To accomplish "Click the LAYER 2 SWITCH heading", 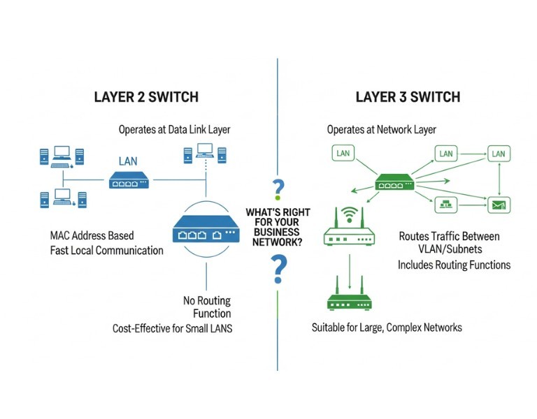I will click(146, 97).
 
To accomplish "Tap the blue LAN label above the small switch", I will click(128, 161).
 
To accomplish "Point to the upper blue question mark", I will click(278, 189).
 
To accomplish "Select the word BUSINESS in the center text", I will click(278, 231).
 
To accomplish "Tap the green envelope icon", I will click(499, 205).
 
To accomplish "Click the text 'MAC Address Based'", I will click(92, 235).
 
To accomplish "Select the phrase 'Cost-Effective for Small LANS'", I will click(172, 328).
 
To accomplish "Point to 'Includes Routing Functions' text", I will click(454, 265).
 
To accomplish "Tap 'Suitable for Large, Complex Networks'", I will click(387, 328).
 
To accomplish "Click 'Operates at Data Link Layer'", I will click(174, 130).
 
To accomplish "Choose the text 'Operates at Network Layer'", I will click(381, 130).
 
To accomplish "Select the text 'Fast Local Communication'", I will click(106, 250).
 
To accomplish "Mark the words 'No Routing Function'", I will click(207, 307).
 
